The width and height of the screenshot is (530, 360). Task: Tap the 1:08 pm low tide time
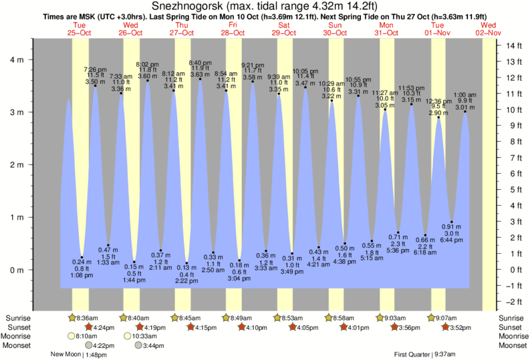(x=81, y=275)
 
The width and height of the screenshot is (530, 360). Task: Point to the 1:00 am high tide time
(x=465, y=95)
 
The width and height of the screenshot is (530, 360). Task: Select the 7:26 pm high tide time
(x=95, y=69)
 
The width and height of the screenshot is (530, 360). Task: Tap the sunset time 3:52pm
(x=455, y=327)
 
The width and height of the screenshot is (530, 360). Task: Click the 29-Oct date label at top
(x=284, y=32)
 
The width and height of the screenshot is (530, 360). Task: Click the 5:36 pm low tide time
(x=398, y=250)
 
